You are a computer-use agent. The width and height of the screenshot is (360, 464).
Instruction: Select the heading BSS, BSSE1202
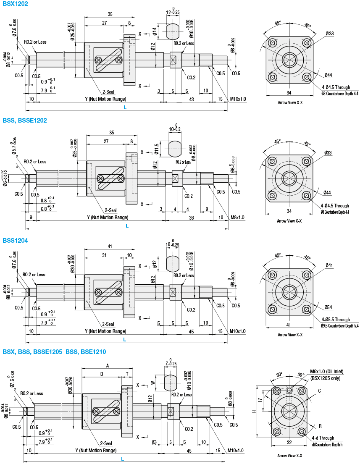tap(24, 121)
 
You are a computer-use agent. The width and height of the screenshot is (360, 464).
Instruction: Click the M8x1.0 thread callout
tap(237, 217)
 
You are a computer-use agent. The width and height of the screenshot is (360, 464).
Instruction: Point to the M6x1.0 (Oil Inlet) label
tap(326, 371)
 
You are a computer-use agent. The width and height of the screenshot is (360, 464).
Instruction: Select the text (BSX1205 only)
tap(326, 378)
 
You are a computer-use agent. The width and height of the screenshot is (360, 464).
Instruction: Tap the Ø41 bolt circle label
tap(328, 265)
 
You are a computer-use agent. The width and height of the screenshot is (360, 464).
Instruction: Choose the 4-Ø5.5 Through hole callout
tap(335, 320)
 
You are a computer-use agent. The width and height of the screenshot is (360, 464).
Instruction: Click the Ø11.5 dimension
tap(156, 149)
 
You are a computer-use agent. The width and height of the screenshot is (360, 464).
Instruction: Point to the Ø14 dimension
tap(155, 31)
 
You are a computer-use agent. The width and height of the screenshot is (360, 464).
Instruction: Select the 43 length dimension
tap(192, 99)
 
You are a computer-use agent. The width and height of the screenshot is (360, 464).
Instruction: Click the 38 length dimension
tap(191, 218)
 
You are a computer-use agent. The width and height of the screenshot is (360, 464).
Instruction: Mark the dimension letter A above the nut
tap(107, 366)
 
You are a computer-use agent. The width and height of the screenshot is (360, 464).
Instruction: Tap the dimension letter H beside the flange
tap(253, 411)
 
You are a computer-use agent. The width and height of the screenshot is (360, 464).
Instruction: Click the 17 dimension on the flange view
tap(260, 400)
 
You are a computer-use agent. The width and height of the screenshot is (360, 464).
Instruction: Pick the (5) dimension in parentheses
tap(154, 443)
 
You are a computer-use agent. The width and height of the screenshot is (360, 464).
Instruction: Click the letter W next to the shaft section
tap(152, 383)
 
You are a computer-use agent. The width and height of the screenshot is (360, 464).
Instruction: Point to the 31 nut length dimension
tap(104, 255)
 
